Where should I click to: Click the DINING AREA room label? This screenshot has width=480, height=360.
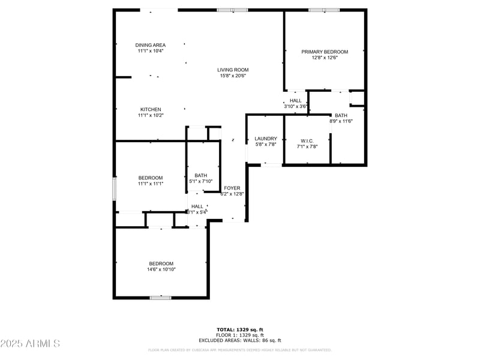point(150,45)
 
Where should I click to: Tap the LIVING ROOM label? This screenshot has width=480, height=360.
point(233,70)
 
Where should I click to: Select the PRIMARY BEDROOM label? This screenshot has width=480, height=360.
point(325,52)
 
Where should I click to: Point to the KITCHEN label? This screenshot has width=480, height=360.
point(151,109)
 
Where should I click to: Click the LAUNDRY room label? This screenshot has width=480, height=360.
point(265,139)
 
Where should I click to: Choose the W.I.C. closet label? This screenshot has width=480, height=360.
point(307,140)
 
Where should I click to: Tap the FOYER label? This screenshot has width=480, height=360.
point(232,188)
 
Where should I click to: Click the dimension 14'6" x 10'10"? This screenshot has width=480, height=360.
point(161,269)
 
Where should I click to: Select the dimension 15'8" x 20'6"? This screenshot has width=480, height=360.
point(233,76)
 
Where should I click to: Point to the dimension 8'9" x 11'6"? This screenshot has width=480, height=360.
point(341,121)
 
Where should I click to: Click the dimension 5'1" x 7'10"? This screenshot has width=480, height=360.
point(200,181)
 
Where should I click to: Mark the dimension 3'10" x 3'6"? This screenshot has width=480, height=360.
point(296,106)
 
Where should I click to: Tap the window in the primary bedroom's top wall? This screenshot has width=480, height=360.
point(324,10)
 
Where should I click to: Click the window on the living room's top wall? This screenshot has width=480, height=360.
point(232,10)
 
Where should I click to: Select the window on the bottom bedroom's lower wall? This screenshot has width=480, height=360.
point(161,298)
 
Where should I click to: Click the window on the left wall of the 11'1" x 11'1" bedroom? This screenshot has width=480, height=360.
point(114,188)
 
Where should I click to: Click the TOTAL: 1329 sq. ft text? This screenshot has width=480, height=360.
point(240,329)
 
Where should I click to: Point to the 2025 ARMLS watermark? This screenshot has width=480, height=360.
point(30,344)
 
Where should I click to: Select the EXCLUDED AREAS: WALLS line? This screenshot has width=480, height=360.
point(240,340)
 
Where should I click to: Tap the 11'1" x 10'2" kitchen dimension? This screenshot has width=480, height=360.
point(151,115)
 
